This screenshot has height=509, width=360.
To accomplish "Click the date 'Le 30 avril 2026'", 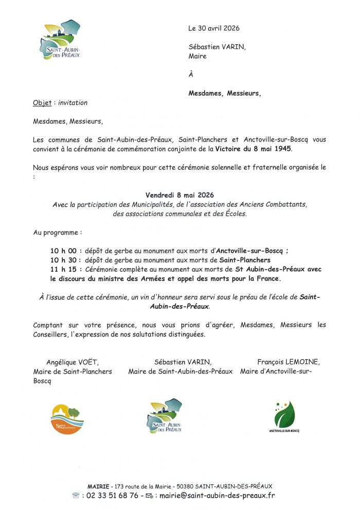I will pyautogui.click(x=214, y=28).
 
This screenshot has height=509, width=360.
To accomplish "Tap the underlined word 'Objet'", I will pyautogui.click(x=42, y=103).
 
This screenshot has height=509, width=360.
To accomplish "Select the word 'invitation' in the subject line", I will pyautogui.click(x=73, y=103).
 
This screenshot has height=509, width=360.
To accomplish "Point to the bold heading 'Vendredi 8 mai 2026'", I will pyautogui.click(x=179, y=195).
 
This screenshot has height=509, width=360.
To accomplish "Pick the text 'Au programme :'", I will pyautogui.click(x=58, y=233).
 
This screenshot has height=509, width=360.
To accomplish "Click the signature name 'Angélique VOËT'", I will pyautogui.click(x=73, y=362).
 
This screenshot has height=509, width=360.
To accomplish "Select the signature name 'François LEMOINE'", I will pyautogui.click(x=289, y=362).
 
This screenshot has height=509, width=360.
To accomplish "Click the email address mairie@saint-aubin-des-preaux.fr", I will pyautogui.click(x=217, y=496).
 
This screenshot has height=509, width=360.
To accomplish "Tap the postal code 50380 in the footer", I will pyautogui.click(x=184, y=486).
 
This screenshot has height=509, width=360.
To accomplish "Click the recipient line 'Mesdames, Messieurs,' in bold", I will pyautogui.click(x=225, y=93).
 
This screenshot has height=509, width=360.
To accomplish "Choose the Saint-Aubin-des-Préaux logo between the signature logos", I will pyautogui.click(x=165, y=415).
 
